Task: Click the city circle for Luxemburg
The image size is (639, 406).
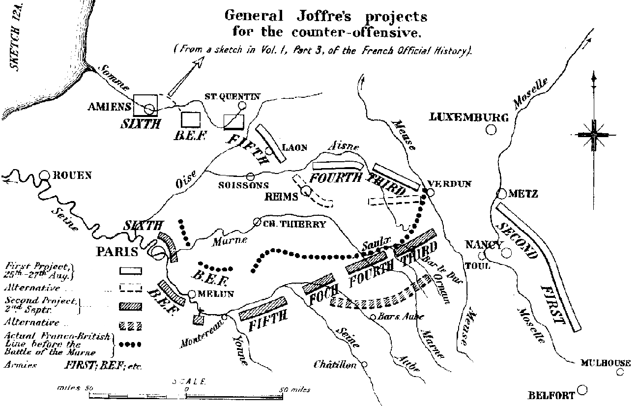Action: (490, 130)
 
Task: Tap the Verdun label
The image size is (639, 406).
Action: (449, 184)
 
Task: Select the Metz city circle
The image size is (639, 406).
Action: (502, 194)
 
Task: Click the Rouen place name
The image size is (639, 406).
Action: (73, 175)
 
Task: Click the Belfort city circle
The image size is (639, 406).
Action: (582, 390)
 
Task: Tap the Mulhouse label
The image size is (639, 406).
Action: (605, 363)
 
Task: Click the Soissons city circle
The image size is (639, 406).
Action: (250, 176)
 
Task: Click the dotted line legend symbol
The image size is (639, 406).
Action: (130, 345)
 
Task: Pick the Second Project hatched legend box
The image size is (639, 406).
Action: (130, 306)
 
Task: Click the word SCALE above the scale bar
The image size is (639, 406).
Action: (190, 381)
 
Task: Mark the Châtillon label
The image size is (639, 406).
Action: (336, 365)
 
